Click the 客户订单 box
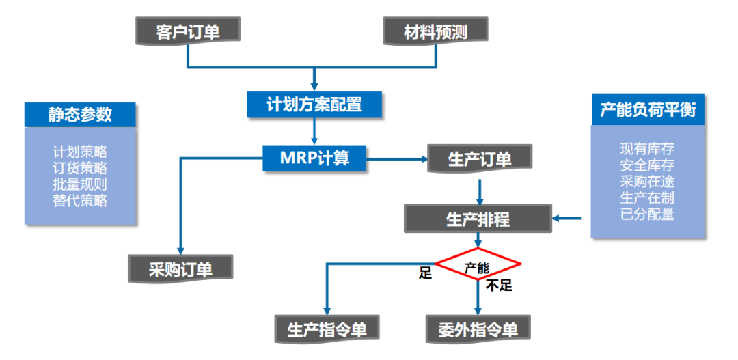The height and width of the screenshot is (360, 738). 188,31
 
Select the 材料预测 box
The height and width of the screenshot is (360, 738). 435,31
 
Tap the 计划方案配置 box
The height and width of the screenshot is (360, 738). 314,104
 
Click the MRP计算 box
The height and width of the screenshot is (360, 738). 314,158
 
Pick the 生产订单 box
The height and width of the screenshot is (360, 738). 479,159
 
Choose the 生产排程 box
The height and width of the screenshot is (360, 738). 478,219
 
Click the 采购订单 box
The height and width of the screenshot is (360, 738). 180,268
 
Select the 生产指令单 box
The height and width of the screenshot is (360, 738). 327,329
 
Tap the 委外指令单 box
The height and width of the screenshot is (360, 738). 478,329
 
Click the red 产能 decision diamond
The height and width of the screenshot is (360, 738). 478,265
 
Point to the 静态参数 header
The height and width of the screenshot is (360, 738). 80,115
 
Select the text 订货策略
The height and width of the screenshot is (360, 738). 80,168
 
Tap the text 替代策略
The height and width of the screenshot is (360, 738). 80,201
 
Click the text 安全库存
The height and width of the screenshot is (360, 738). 647,165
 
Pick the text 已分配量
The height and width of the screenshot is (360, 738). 647,214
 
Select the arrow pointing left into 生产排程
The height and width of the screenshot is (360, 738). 566,219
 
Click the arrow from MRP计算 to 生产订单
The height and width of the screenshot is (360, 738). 396,159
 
